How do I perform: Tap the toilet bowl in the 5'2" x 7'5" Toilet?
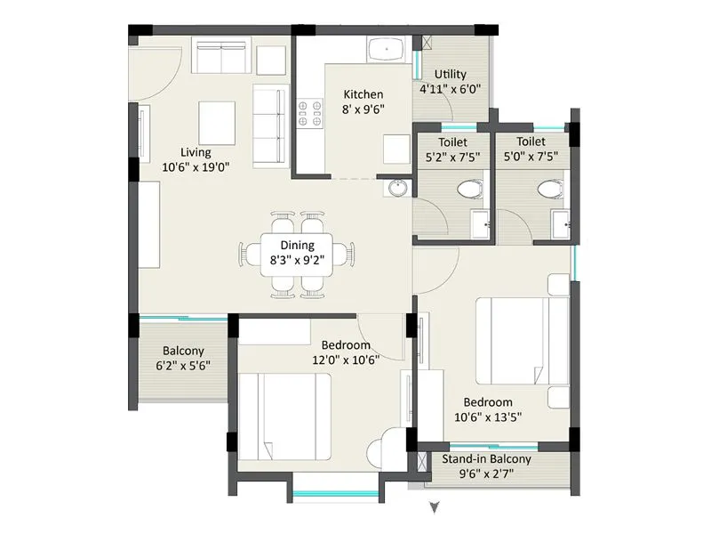[x=470, y=189]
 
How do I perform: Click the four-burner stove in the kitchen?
[x=309, y=110]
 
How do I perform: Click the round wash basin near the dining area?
[x=397, y=188]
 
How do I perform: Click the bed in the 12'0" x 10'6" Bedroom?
[x=284, y=415]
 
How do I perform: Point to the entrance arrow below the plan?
[x=434, y=508]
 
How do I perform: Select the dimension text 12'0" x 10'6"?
[x=345, y=360]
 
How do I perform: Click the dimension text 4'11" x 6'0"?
[x=450, y=89]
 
